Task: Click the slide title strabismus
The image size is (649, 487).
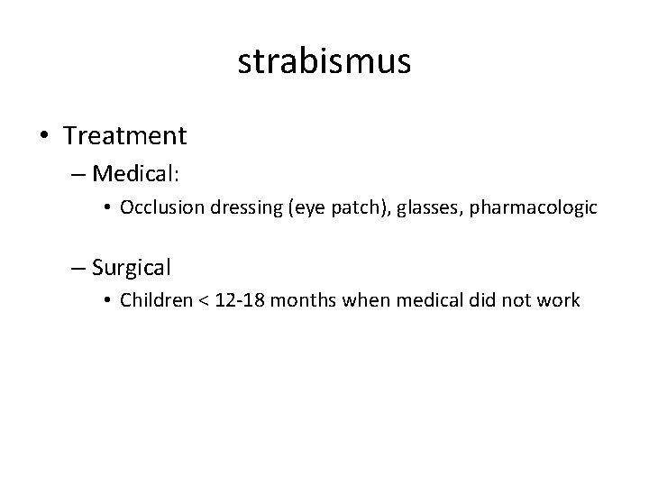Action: [324, 62]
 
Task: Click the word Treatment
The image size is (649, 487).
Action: [125, 136]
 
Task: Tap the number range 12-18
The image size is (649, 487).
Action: [241, 300]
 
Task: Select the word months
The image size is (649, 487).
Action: [305, 300]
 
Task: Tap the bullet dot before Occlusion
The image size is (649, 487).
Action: [107, 208]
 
